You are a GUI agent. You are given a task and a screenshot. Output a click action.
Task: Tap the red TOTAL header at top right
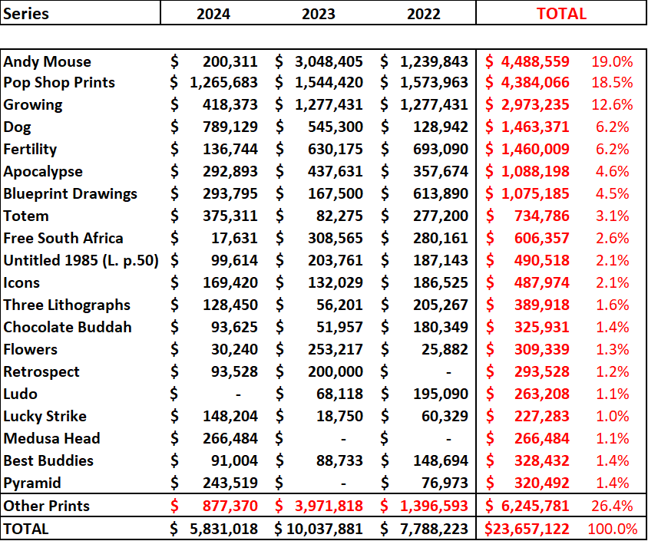tap(561, 14)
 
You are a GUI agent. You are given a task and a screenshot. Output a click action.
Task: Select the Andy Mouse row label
tap(47, 61)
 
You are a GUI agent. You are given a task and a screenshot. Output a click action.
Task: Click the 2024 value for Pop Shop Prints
tap(223, 82)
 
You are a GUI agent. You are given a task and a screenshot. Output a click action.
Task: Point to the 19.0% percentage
tap(611, 61)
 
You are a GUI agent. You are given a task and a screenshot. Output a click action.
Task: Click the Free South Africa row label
tap(63, 238)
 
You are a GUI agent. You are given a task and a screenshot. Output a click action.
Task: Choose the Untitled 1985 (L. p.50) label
tap(81, 260)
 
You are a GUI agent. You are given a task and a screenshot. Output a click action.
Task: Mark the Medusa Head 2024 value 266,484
tap(230, 438)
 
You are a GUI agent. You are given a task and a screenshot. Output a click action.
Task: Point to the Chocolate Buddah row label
tap(68, 327)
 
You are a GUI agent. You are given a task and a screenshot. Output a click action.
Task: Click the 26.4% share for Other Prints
tap(611, 506)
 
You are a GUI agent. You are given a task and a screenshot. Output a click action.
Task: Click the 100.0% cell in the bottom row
tap(612, 529)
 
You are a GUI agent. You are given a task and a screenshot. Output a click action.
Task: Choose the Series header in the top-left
tap(27, 14)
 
